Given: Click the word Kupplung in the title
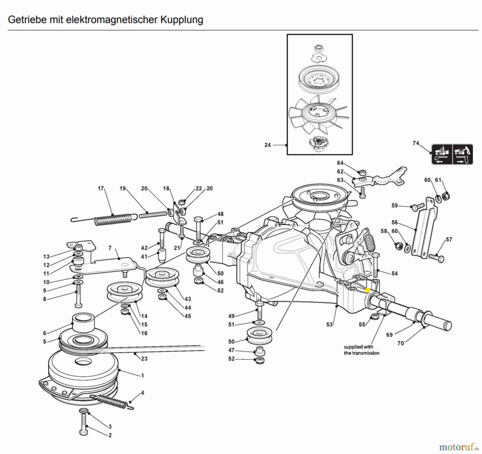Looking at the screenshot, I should [182, 20].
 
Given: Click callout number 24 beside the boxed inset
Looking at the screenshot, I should [267, 145].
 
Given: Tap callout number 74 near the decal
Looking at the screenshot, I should [416, 143].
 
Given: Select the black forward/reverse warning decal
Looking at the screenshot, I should [452, 154].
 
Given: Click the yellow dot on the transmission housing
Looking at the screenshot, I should [368, 290].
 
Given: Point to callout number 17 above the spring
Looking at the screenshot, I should [100, 188].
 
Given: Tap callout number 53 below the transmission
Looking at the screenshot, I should [329, 325].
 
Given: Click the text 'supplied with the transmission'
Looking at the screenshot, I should [361, 350].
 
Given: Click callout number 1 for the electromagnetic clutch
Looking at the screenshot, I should [142, 375].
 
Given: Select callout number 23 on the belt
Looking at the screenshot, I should [144, 359].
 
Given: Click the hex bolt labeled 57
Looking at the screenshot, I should [437, 258].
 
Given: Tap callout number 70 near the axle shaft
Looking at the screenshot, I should [400, 343].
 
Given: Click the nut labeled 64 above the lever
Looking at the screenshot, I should [363, 172].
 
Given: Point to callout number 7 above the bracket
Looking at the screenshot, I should [110, 248].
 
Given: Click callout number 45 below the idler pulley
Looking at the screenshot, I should [188, 316].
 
